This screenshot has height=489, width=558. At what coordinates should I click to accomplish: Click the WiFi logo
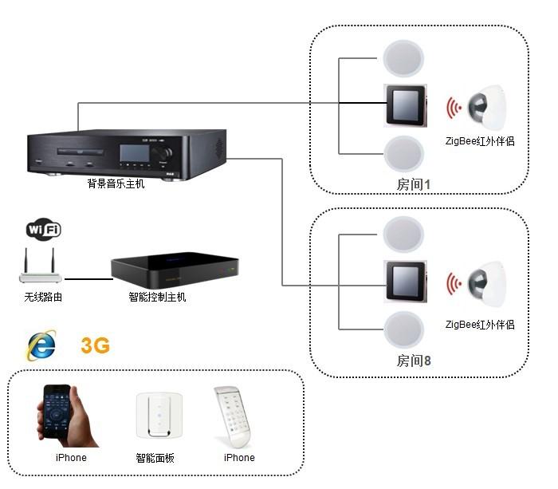click(x=43, y=229)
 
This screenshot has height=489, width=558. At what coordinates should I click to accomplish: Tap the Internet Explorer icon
click(x=41, y=345)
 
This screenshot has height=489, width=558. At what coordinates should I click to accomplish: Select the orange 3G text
click(x=95, y=345)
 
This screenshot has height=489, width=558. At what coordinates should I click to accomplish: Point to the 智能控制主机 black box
click(x=175, y=270)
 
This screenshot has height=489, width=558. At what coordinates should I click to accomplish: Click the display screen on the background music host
click(x=135, y=153)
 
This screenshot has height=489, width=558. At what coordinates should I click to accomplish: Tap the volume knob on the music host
click(x=164, y=153)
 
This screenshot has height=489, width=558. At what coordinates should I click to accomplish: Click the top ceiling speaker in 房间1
click(x=403, y=58)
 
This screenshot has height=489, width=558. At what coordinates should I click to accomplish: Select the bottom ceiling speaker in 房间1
click(x=403, y=154)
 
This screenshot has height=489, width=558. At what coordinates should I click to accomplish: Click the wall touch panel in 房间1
click(x=405, y=105)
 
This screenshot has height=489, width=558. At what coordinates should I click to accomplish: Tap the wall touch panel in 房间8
click(x=405, y=282)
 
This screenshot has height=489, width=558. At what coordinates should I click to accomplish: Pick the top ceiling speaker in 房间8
click(x=403, y=235)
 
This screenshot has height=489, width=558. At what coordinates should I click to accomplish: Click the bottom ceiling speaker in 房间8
click(x=403, y=329)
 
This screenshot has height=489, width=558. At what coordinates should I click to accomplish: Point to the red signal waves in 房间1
click(x=454, y=108)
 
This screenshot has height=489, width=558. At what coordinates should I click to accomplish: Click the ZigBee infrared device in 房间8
click(x=487, y=284)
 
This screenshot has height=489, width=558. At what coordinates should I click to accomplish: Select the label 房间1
click(x=414, y=184)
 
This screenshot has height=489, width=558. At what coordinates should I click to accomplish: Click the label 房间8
click(x=414, y=361)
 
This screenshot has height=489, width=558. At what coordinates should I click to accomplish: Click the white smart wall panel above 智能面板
click(x=159, y=416)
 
